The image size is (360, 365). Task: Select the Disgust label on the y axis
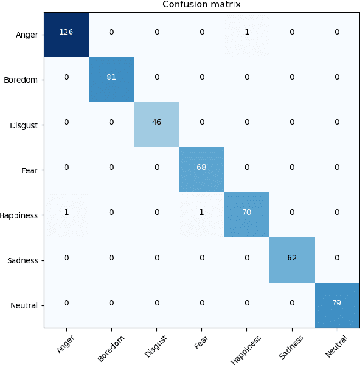[x=24, y=125]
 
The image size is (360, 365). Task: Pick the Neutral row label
[x=25, y=306]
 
